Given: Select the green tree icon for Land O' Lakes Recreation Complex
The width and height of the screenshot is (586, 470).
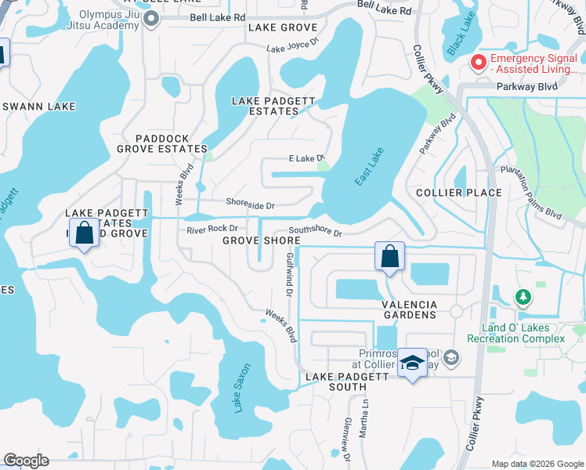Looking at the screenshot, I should coord(523,297).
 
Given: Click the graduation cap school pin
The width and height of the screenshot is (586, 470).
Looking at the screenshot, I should coord(412,363).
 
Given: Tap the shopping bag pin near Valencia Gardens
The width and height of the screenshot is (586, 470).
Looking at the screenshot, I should coord(389,256).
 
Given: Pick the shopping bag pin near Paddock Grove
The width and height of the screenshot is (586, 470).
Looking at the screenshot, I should coord(84,232).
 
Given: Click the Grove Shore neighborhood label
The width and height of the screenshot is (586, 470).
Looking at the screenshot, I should coord(262,240).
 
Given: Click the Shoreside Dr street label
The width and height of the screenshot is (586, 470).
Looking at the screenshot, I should coord(250,204).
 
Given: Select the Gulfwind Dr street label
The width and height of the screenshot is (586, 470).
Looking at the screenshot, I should coord(290,280).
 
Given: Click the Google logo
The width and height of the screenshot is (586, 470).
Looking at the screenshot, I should coord(26,461).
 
